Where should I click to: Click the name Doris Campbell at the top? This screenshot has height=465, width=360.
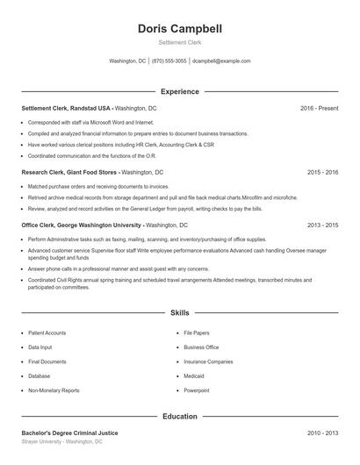(x=180, y=29)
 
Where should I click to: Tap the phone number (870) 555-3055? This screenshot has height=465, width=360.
(x=169, y=61)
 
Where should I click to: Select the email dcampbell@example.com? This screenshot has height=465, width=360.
(x=221, y=61)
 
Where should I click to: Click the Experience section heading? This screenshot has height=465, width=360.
(x=180, y=91)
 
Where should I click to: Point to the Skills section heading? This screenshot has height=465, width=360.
(x=180, y=312)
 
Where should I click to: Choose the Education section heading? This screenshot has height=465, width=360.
(x=180, y=416)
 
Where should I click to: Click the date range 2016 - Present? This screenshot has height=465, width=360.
(x=319, y=108)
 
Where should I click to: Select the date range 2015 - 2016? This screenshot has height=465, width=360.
(x=322, y=173)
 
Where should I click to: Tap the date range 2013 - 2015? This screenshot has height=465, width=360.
(x=322, y=225)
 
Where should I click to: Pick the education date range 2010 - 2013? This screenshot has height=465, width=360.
(x=322, y=433)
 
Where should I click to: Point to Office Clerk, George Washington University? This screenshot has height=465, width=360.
(x=81, y=225)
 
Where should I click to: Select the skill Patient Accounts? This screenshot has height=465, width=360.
(x=47, y=333)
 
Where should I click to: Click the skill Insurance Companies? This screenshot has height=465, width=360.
(x=208, y=361)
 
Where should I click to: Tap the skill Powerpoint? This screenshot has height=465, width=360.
(x=197, y=390)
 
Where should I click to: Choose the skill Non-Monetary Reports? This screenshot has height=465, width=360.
(x=54, y=390)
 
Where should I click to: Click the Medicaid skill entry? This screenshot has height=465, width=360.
(x=195, y=376)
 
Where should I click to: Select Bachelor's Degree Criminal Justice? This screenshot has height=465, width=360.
(x=69, y=433)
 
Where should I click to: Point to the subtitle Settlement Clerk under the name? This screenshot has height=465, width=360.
(x=180, y=42)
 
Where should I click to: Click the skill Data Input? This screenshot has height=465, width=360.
(x=40, y=347)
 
